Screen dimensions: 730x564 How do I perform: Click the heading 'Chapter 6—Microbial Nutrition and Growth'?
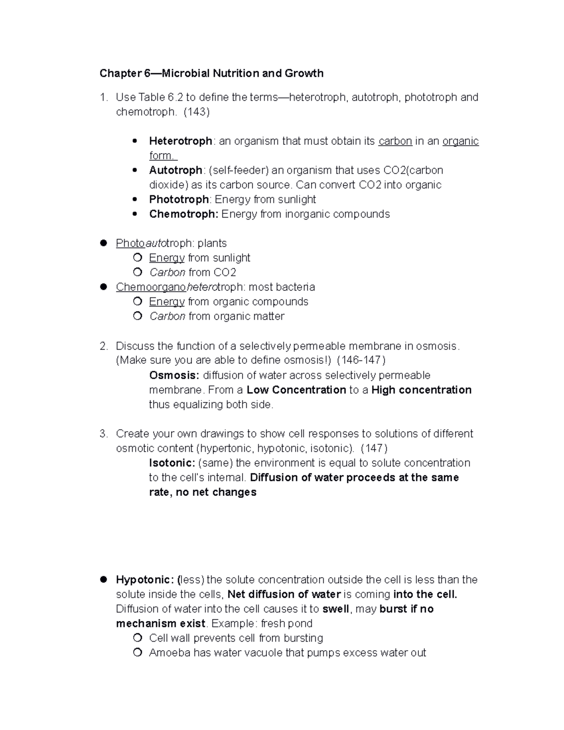(211, 73)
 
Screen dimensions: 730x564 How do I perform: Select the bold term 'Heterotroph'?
(180, 141)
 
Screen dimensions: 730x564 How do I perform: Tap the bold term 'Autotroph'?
(175, 170)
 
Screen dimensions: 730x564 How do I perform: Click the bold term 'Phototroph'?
(179, 199)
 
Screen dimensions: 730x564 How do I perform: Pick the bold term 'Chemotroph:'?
(183, 214)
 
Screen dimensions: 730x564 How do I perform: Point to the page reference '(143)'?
(196, 112)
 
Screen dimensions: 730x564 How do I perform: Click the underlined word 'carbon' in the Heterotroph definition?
(395, 141)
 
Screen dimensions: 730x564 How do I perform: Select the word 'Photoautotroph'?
(154, 243)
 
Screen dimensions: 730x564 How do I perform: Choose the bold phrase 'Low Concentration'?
(296, 390)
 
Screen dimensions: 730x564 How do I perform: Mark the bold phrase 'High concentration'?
(421, 390)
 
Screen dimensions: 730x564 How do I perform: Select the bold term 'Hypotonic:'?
(145, 580)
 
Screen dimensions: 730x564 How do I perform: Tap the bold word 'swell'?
(336, 609)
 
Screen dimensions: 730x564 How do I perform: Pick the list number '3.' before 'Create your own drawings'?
(104, 433)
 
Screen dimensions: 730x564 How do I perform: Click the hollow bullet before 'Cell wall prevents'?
(137, 638)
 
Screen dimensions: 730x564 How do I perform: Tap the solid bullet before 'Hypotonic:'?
(104, 579)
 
